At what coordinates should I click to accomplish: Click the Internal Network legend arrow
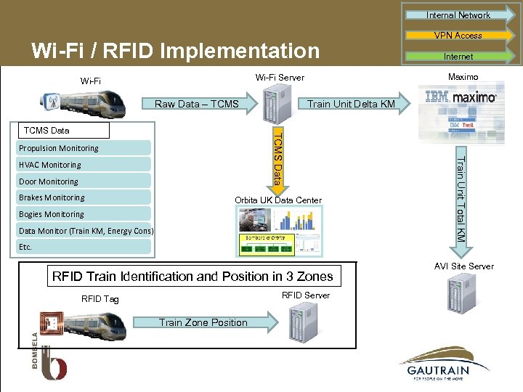click(x=458, y=15)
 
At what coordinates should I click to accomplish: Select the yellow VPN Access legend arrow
click(x=458, y=35)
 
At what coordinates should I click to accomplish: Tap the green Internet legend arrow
click(x=458, y=56)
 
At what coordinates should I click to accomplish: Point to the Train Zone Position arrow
click(x=211, y=322)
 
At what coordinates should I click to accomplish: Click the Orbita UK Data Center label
click(x=278, y=200)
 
